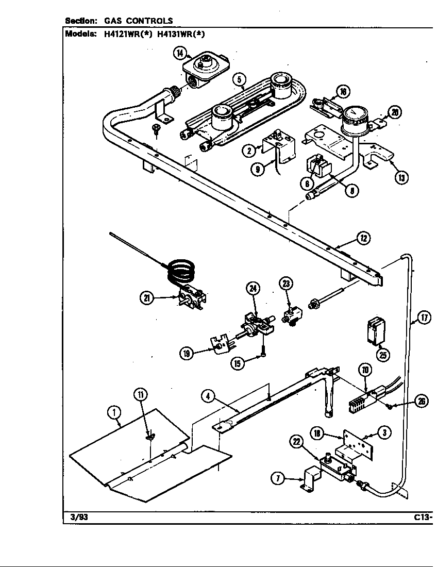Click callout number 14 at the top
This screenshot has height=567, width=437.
[x=179, y=53]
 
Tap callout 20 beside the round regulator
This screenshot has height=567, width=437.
[x=395, y=113]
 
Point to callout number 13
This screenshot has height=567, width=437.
[x=401, y=177]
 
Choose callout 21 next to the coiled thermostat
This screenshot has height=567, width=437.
[x=147, y=298]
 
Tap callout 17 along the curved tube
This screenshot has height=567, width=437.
[x=424, y=318]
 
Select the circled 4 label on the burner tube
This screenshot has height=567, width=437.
[x=207, y=396]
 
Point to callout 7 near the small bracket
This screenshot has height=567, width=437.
[x=279, y=479]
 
